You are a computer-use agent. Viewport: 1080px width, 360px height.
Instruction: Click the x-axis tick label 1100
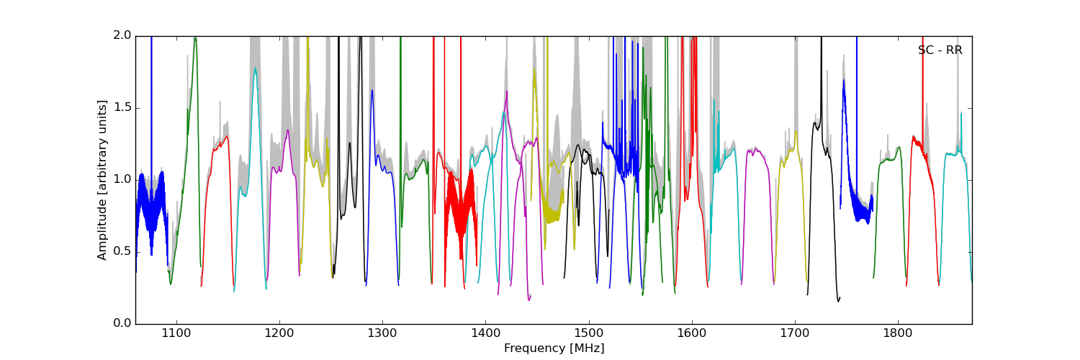click(x=176, y=334)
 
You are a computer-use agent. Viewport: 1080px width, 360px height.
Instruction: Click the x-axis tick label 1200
click(x=279, y=334)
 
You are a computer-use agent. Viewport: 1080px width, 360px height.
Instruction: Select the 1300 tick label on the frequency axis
click(x=382, y=334)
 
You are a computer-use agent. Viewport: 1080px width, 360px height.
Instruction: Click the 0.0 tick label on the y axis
click(x=122, y=324)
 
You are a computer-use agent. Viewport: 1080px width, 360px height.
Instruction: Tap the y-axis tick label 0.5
click(x=122, y=252)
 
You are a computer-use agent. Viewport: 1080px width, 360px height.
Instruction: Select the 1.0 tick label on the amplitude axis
click(x=122, y=180)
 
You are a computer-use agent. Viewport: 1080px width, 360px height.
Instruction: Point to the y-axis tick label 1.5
click(x=122, y=108)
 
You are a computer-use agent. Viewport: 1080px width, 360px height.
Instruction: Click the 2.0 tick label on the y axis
click(x=122, y=36)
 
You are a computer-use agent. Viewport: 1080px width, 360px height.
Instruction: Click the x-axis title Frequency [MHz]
click(x=554, y=348)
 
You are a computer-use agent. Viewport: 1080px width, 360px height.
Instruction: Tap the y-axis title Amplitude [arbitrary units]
click(x=102, y=180)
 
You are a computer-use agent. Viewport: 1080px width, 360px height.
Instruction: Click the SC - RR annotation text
click(x=940, y=50)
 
